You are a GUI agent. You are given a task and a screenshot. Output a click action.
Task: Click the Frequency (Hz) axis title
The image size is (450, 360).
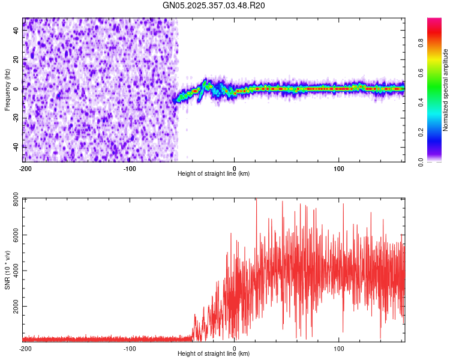point(7,90)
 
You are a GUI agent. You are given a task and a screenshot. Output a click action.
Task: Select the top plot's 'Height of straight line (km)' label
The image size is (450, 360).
point(214,173)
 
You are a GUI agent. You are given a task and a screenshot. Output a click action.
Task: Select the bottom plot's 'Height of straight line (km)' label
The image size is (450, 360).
point(214,354)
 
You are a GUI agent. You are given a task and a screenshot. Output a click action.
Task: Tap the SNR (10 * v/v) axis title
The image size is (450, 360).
point(7,270)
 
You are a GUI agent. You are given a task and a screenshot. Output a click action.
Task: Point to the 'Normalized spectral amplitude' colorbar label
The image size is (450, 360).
point(446,90)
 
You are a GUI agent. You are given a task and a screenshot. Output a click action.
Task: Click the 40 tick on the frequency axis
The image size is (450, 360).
point(16,31)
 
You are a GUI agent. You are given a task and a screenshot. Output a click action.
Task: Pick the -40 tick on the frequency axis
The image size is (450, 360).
point(15,146)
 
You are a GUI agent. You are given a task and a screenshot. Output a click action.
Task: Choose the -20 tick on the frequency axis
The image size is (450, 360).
point(15,117)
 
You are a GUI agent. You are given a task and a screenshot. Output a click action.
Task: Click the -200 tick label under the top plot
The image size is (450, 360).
point(25,167)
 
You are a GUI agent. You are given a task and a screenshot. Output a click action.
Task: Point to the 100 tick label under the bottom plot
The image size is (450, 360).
point(339,348)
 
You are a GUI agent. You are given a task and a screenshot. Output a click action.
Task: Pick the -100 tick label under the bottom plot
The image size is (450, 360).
point(130,348)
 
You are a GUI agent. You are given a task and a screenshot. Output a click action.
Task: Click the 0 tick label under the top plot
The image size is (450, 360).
point(235,167)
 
